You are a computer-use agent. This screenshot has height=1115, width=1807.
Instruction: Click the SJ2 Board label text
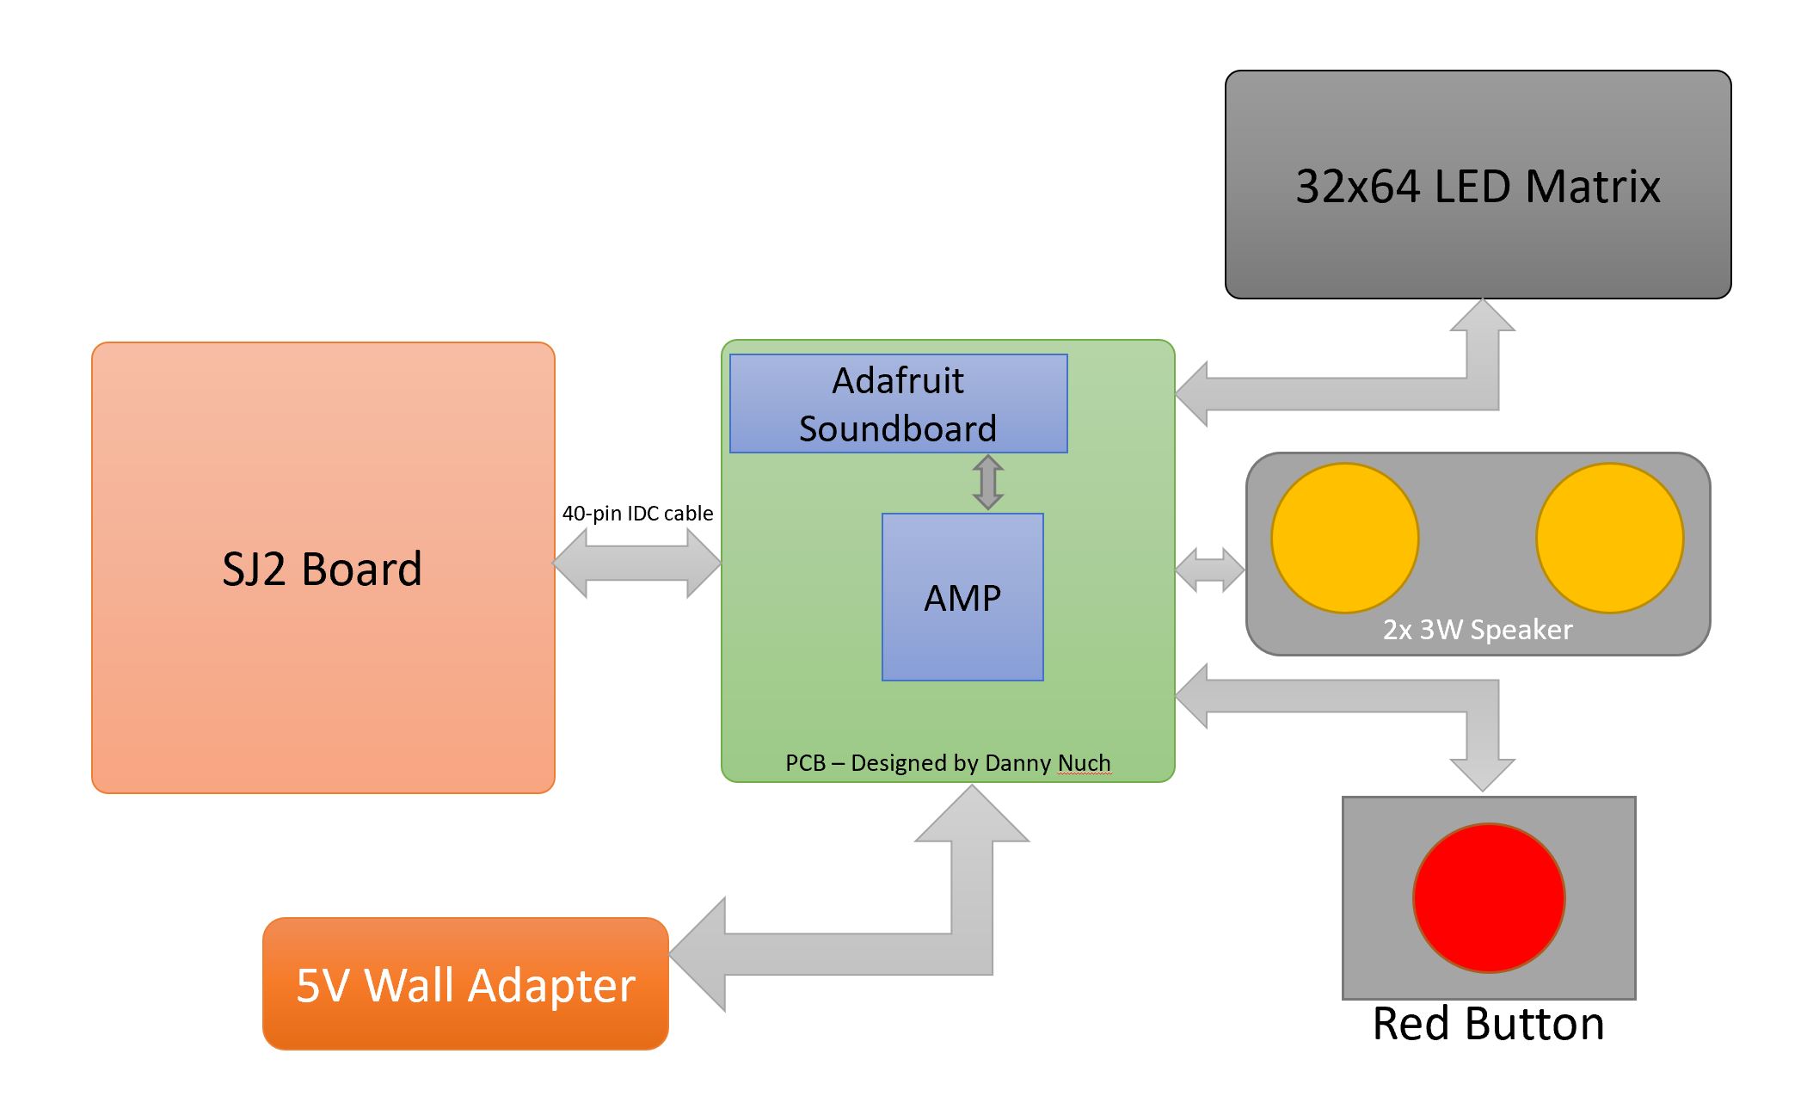coord(323,569)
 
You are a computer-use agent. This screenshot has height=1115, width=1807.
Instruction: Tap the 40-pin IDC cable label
coord(637,514)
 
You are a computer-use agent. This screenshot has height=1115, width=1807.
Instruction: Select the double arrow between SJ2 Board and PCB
coord(636,563)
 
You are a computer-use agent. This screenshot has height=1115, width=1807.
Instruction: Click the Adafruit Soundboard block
coord(899,403)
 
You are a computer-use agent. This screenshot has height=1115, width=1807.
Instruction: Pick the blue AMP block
coord(962,597)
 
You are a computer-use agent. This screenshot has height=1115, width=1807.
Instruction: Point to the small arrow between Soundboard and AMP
coord(987,483)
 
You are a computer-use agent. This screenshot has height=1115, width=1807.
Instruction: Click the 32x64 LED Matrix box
coord(1478,184)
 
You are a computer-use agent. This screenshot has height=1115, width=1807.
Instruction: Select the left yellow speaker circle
coord(1344,538)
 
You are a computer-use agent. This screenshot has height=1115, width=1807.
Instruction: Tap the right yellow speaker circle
coord(1609,538)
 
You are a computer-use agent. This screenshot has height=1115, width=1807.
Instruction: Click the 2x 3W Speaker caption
coord(1478,630)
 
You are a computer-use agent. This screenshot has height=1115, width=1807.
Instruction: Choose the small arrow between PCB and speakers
coord(1209,570)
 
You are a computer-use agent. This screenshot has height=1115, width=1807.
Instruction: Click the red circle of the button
coord(1489,898)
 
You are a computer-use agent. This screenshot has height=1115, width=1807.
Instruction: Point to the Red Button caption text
coord(1488,1024)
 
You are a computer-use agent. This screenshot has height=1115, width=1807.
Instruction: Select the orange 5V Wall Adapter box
coord(465,983)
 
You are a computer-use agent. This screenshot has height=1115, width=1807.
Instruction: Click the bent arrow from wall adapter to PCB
coord(972,953)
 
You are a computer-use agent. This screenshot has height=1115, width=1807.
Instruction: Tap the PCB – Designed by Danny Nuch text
coord(948,763)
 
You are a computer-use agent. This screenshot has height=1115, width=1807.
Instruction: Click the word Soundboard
coord(898,428)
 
